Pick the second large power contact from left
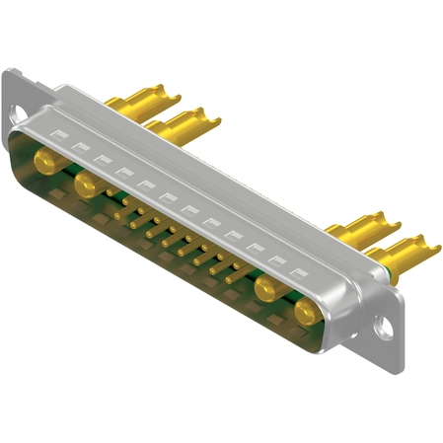pyautogui.click(x=88, y=184)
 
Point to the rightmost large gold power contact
pyautogui.click(x=306, y=314)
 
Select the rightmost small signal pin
pyautogui.click(x=235, y=278)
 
